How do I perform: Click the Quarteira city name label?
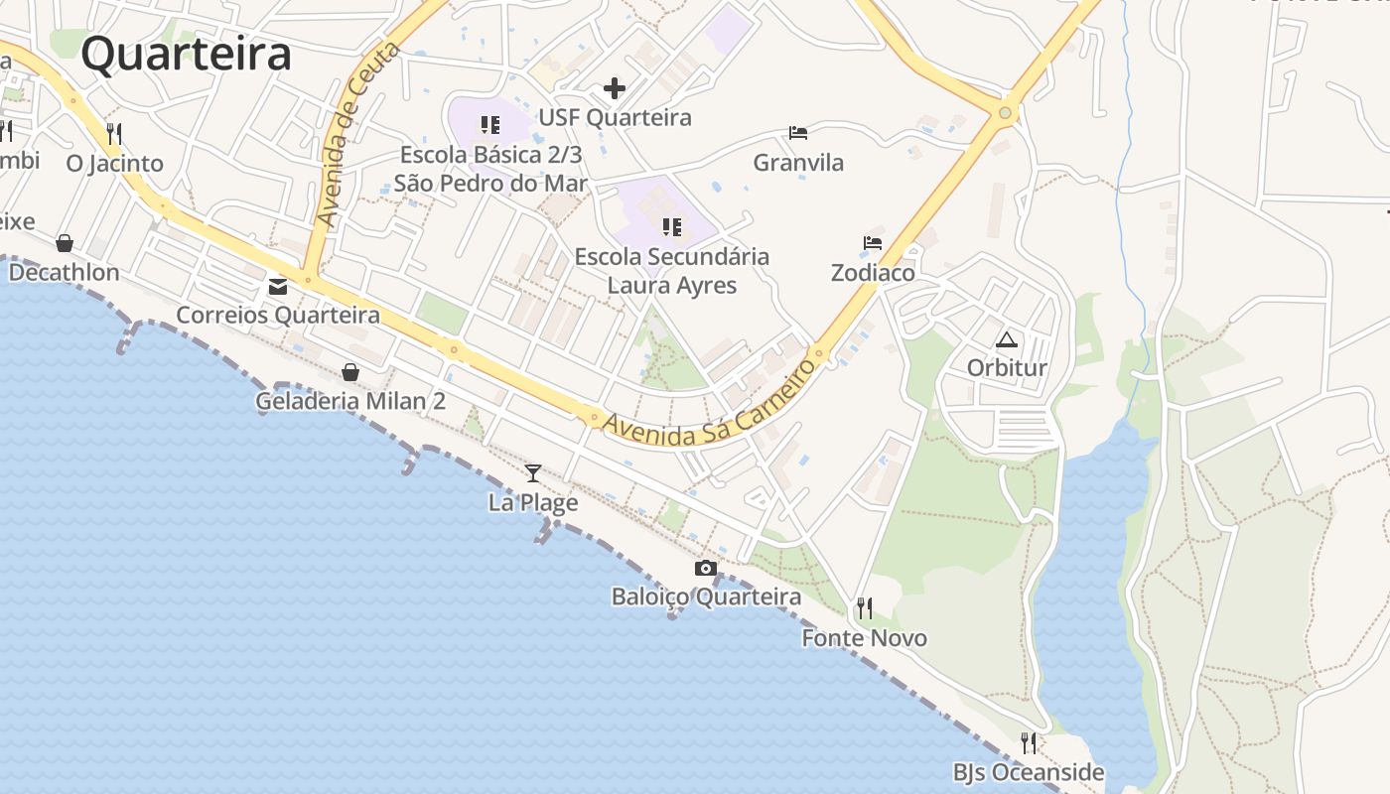[x=186, y=54]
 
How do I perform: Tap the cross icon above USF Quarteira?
[x=615, y=88]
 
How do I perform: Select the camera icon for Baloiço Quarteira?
[x=706, y=568]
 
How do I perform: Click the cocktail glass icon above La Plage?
[x=533, y=472]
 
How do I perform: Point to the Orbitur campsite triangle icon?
[x=1007, y=339]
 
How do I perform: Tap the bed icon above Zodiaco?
[x=873, y=242]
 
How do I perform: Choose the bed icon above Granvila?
[x=798, y=132]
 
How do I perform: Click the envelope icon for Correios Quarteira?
[x=278, y=287]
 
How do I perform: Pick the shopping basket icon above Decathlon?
[x=65, y=243]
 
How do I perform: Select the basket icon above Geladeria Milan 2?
[x=350, y=372]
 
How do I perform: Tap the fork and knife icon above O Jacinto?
[x=114, y=133]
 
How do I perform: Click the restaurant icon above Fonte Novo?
[x=865, y=607]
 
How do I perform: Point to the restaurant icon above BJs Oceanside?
[x=1029, y=742]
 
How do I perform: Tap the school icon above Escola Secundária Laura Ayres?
[x=672, y=227]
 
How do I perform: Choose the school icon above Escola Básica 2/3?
[x=490, y=125]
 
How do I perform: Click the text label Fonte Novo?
[x=865, y=638]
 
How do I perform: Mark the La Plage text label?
[x=533, y=503]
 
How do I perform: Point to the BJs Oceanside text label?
[x=1029, y=772]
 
